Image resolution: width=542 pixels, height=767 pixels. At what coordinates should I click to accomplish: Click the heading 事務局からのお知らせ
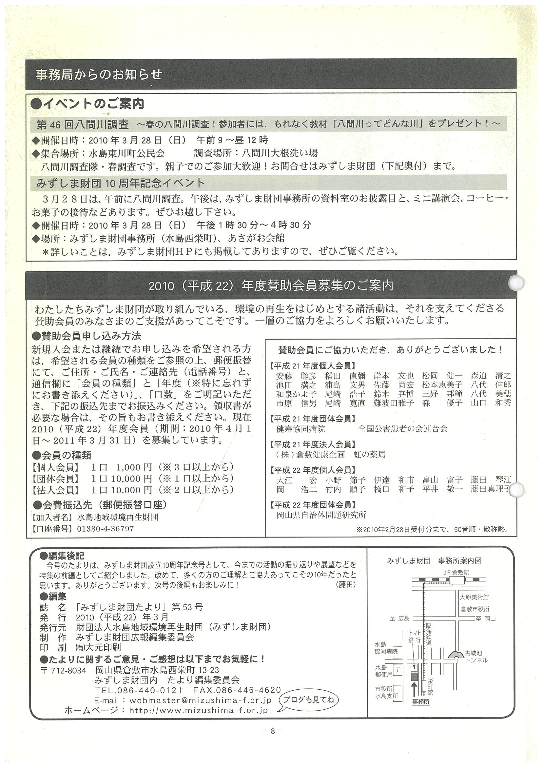click(99, 74)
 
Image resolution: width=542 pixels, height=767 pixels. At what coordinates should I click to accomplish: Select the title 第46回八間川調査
click(83, 125)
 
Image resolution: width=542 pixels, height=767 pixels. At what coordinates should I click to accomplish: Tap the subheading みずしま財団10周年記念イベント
click(120, 183)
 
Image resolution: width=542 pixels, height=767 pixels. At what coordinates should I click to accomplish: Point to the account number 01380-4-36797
click(106, 529)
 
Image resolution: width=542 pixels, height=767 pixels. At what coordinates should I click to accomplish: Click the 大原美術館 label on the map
click(474, 597)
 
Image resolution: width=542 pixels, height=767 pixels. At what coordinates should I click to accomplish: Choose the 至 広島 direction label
click(399, 618)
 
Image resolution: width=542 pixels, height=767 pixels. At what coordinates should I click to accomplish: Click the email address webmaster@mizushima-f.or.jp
click(200, 700)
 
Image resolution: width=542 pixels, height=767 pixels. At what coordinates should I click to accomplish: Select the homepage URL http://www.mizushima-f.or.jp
click(198, 710)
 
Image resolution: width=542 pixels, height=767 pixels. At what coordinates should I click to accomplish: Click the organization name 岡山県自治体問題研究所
click(321, 515)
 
